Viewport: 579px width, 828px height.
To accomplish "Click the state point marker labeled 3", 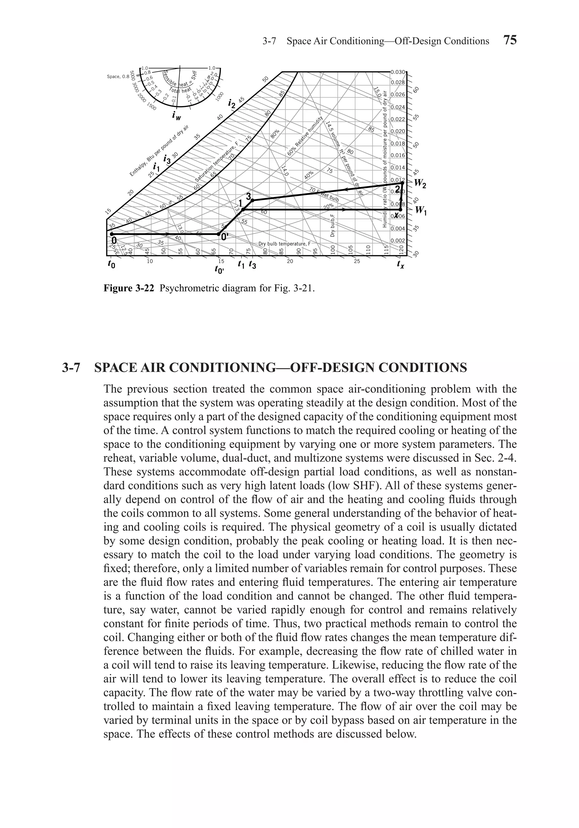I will click(252, 200).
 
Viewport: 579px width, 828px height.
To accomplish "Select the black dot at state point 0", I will click(112, 234).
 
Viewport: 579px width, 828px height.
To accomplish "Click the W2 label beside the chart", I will click(420, 184).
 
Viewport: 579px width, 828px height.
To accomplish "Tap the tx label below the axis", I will click(400, 265).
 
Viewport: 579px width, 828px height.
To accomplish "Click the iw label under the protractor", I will click(176, 116).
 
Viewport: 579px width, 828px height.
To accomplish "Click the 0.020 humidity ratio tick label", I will click(398, 131).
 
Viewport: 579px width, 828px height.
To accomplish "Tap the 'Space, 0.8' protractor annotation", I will click(118, 76).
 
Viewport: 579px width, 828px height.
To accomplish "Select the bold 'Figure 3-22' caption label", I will click(129, 289).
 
